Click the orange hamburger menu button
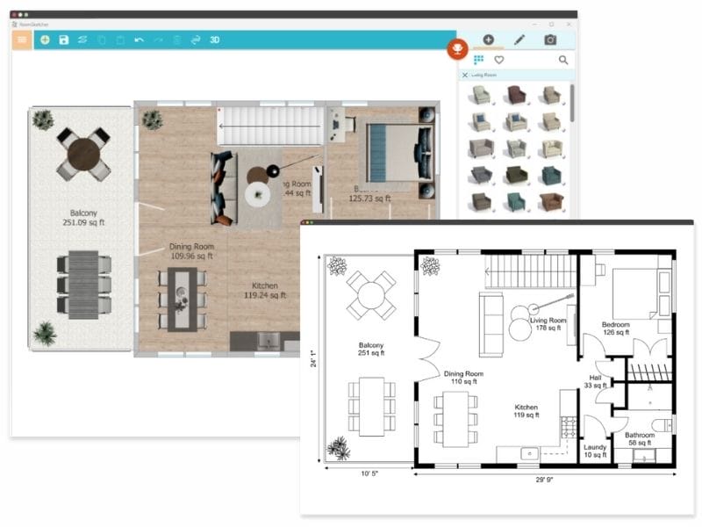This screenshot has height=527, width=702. point(21,40)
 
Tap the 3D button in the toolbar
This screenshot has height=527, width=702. point(215,40)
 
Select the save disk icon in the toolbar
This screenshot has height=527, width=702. point(64,40)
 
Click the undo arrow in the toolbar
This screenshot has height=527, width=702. point(139,40)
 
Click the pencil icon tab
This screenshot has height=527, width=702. point(519,40)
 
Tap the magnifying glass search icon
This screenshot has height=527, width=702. point(563,61)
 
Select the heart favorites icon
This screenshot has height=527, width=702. point(499,61)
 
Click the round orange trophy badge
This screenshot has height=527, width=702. point(456,48)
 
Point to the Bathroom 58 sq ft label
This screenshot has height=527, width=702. point(640,439)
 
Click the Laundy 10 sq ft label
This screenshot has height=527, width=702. point(595,451)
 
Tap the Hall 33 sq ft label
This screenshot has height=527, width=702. point(596,381)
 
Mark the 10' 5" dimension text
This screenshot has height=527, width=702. point(369,474)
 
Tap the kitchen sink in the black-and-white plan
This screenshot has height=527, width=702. point(530,454)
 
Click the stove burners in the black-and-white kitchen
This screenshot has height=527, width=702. point(568,428)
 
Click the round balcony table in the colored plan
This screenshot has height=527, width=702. point(84,155)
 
